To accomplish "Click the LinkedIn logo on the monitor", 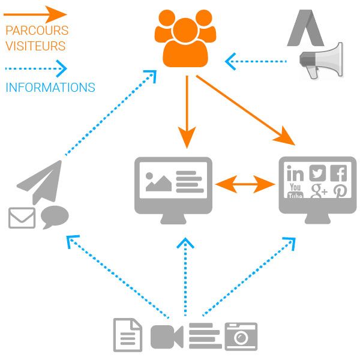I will click(295, 173).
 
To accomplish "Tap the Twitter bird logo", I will click(317, 173).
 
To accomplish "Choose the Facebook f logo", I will click(338, 173).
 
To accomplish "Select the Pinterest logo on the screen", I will click(340, 191).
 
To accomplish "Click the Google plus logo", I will click(319, 191).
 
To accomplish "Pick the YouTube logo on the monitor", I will click(295, 191).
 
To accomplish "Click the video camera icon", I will click(166, 336).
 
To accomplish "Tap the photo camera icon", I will click(241, 336).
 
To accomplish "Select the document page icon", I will click(128, 335).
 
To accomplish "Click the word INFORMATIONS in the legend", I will click(50, 88).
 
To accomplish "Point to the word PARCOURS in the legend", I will click(37, 30).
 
